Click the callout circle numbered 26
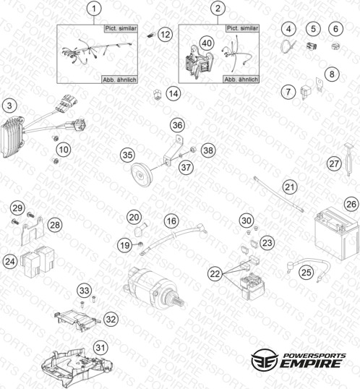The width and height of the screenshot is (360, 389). [x=351, y=204]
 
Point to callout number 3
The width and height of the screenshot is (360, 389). [x=9, y=106]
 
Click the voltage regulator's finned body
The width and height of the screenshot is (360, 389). [x=13, y=137]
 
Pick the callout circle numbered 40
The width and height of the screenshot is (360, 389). [x=207, y=43]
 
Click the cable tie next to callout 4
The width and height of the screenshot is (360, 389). [x=288, y=46]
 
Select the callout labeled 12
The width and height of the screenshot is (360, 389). [x=166, y=34]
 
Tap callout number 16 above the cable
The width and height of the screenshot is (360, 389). [x=171, y=221]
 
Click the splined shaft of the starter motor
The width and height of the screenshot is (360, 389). [x=179, y=302]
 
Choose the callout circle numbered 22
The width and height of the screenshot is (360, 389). [x=215, y=273]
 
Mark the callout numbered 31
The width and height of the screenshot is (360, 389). [x=100, y=347]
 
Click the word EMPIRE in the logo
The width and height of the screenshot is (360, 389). [x=311, y=364]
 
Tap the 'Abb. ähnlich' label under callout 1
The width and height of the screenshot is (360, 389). [x=119, y=80]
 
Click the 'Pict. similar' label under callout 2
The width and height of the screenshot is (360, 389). [x=242, y=28]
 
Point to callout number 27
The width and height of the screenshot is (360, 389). [x=334, y=163]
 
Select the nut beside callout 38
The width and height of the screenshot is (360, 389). [x=193, y=150]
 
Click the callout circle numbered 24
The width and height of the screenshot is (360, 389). [x=10, y=261]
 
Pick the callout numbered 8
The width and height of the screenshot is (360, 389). [x=332, y=74]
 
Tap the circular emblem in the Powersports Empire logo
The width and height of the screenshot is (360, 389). [x=264, y=359]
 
